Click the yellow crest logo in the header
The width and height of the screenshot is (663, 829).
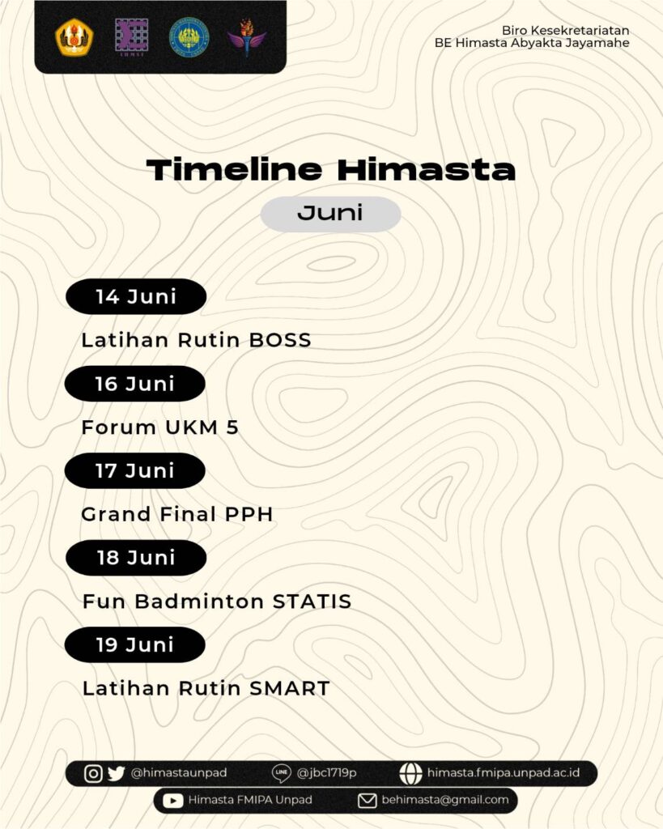(x=74, y=36)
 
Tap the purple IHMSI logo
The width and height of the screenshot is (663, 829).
(x=131, y=37)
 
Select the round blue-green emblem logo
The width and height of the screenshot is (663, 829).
(x=189, y=37)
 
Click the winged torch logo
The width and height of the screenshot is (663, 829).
(x=246, y=37)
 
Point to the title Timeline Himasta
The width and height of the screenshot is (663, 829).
(x=330, y=170)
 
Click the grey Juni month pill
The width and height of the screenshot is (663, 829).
(x=330, y=214)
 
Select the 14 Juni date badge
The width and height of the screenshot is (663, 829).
(x=136, y=296)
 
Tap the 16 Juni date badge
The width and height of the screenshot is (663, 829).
(x=135, y=384)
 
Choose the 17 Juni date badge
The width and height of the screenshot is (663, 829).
(x=135, y=470)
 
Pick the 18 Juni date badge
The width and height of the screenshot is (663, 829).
(x=136, y=558)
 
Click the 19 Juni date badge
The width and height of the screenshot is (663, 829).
(x=135, y=644)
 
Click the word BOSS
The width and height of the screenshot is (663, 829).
(x=280, y=341)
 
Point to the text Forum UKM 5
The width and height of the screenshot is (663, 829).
(x=160, y=427)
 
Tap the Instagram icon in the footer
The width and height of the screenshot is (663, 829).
(x=94, y=773)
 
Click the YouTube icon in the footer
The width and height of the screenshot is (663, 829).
(x=173, y=801)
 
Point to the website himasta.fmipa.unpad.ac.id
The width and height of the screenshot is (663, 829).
(x=503, y=773)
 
